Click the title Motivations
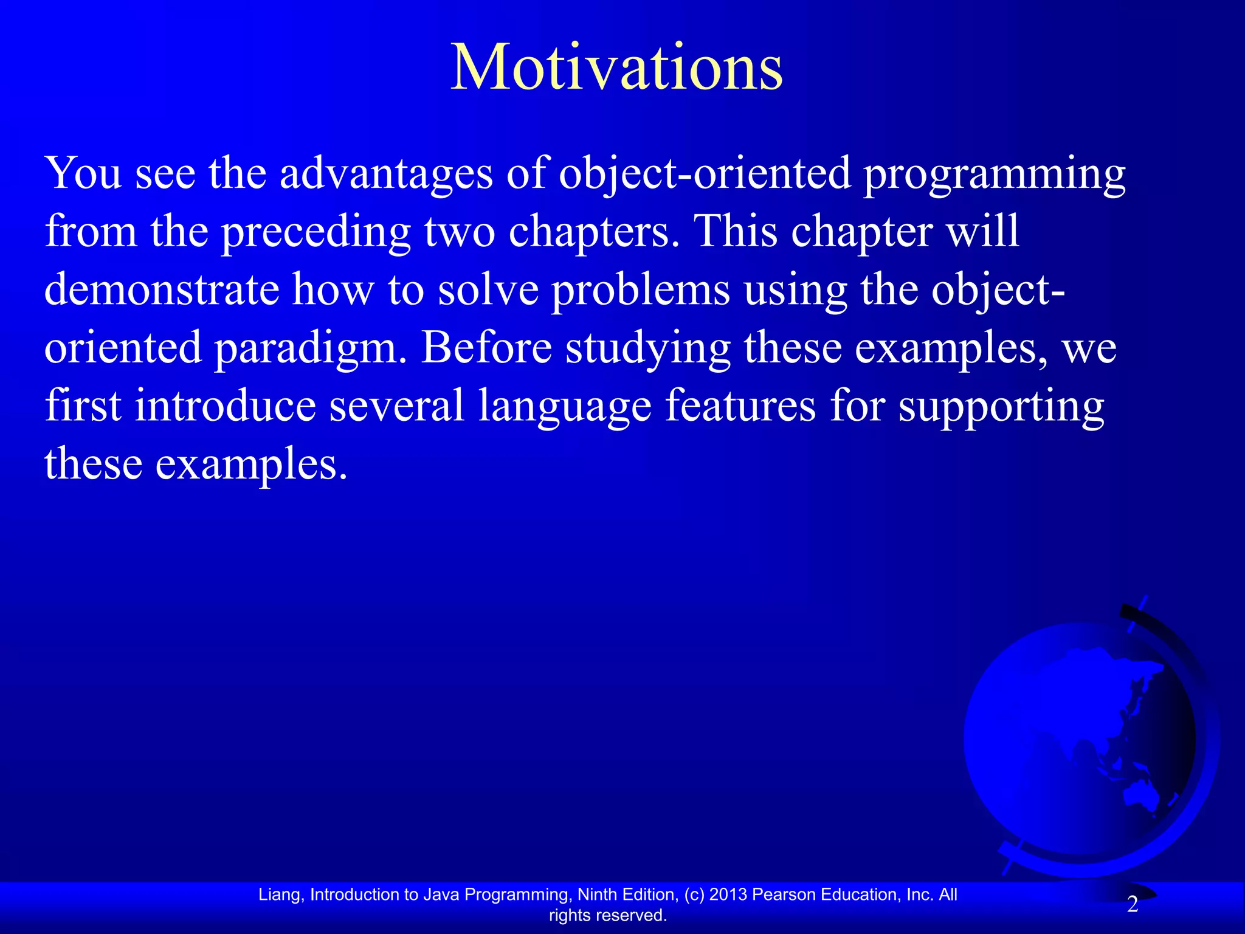point(616,68)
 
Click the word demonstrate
point(162,289)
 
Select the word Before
point(486,348)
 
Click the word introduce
point(225,406)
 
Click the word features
point(740,406)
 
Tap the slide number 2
point(1132,905)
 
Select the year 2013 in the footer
point(728,894)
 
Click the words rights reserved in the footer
point(608,915)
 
